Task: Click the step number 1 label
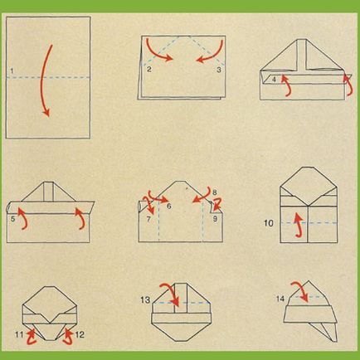tap(12, 71)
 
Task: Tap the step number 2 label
tap(149, 69)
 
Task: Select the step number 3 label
tap(219, 70)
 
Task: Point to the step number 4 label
tap(274, 80)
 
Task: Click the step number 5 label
tap(13, 219)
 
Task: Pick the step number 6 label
tap(169, 206)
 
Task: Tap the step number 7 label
tap(148, 219)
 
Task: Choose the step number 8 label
tap(215, 192)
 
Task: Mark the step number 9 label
tap(215, 219)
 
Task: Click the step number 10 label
tap(269, 223)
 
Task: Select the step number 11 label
tap(19, 335)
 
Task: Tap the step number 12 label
tap(80, 335)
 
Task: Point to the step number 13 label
tap(145, 299)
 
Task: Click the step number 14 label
tap(280, 299)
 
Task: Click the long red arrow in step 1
tap(42, 80)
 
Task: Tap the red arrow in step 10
tap(299, 226)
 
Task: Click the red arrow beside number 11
tap(32, 336)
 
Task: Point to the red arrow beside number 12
tap(68, 336)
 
